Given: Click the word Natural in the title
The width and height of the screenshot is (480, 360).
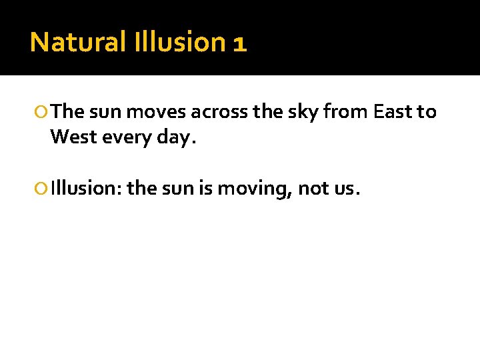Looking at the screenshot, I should (x=78, y=42).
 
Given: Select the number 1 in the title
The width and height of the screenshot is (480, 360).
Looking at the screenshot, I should (x=240, y=43).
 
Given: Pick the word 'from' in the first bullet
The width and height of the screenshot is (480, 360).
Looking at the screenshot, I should (x=345, y=111).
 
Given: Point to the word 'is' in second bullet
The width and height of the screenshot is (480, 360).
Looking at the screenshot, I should (x=204, y=189).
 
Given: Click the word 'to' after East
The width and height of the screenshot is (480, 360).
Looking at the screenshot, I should (x=427, y=111).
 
